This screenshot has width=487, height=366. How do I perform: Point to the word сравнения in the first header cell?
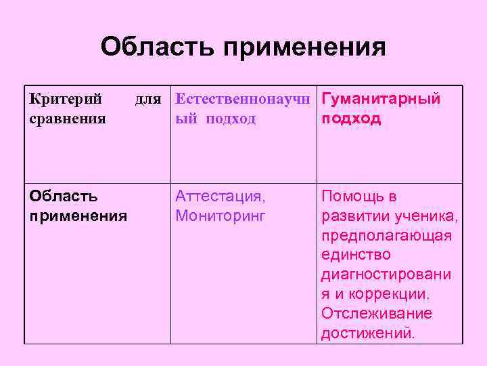tap(68, 119)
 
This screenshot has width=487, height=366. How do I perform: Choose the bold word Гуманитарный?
tap(381, 100)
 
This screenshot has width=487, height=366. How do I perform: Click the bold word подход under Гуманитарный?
tap(351, 119)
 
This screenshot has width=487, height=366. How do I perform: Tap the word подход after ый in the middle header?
tap(231, 119)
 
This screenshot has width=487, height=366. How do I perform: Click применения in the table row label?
tap(78, 216)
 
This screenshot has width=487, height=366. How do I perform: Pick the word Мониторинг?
tap(221, 216)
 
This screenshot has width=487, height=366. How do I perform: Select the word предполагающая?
tap(387, 236)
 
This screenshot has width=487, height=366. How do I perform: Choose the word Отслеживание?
tap(377, 314)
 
